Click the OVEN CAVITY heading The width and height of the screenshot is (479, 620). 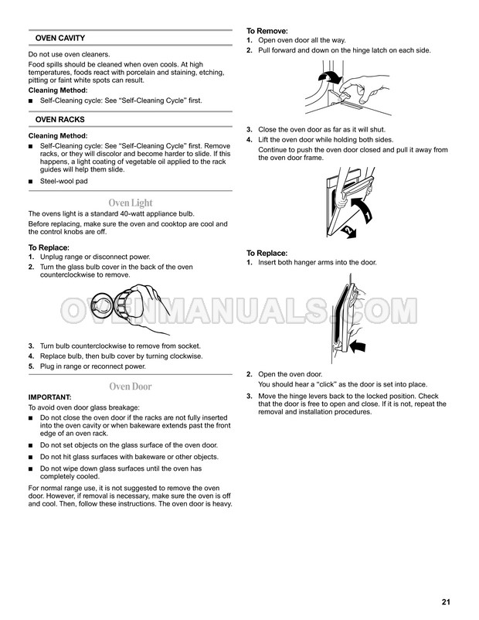pos(60,38)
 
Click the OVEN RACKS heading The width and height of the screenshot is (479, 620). pos(59,119)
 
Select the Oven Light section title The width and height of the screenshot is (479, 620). pos(131,203)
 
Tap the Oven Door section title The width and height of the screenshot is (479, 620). pos(131,387)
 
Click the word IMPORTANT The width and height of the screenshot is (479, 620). pos(49,397)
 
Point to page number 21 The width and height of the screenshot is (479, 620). pos(446,601)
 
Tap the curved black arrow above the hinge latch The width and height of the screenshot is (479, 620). pos(329,77)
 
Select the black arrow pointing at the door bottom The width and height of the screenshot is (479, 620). pos(358,346)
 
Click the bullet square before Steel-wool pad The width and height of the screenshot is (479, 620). pos(30,182)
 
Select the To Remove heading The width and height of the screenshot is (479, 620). pos(267,31)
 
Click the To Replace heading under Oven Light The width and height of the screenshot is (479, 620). pos(49,247)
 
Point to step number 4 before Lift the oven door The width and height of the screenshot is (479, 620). pos(249,140)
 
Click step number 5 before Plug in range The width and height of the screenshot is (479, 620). pos(31,366)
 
